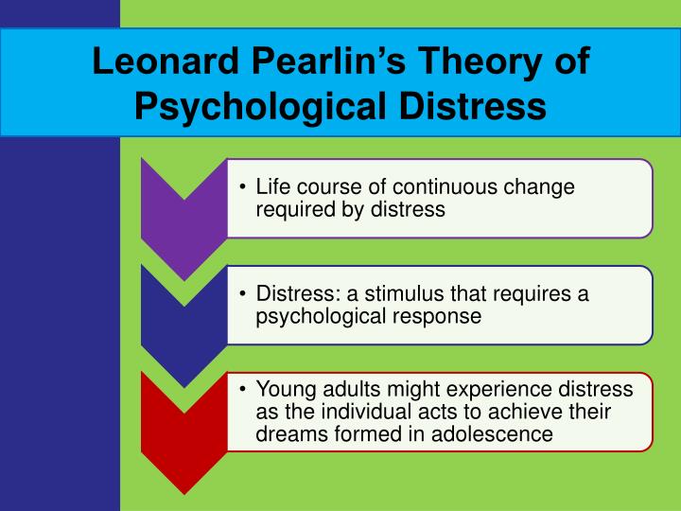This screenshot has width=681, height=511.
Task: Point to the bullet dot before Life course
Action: pos(244,187)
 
